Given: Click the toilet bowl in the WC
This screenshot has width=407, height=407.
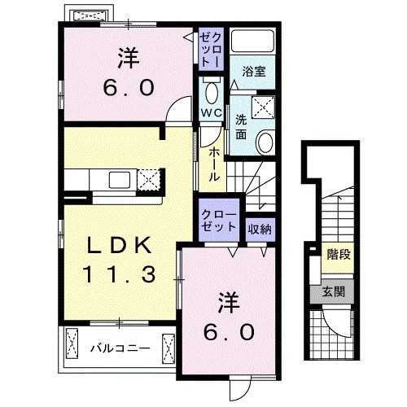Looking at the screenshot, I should [x=210, y=91].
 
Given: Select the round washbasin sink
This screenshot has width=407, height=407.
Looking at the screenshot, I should [x=265, y=143].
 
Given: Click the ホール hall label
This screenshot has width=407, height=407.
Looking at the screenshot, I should [x=213, y=164].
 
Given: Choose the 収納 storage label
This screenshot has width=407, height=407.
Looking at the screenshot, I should [x=260, y=228].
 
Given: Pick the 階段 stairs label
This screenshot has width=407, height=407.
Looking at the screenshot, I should [x=339, y=256].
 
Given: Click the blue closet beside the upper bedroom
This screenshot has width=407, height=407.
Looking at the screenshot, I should [x=212, y=50].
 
